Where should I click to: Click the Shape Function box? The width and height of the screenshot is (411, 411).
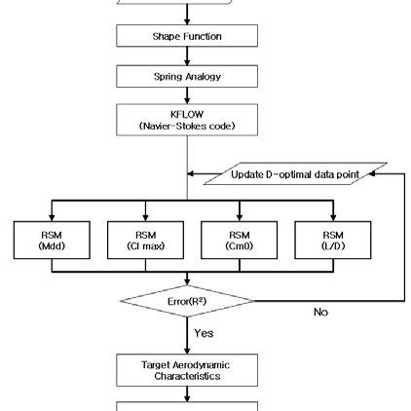187,36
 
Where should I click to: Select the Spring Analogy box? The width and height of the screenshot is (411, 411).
187,76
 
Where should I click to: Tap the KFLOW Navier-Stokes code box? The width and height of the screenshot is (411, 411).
187,121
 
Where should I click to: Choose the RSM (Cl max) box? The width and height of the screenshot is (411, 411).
145,241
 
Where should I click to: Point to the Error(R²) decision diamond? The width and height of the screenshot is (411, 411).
187,301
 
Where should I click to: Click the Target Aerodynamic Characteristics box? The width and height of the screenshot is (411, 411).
187,367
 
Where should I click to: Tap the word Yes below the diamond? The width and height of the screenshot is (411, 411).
203,332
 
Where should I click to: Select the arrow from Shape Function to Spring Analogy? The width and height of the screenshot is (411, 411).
187,56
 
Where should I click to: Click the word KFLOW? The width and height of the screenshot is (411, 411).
186,114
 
